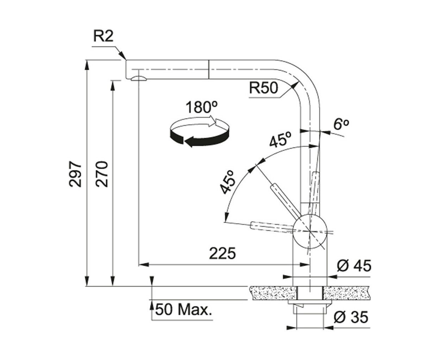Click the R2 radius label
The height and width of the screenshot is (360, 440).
coord(103,36)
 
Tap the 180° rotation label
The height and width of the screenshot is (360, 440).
coord(201,107)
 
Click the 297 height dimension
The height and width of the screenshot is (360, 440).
coord(75,174)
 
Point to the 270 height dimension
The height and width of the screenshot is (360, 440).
coord(102,174)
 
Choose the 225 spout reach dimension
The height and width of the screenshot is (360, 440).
coord(222,253)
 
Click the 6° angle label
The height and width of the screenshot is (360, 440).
coord(341,124)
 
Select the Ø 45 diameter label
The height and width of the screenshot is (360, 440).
coord(354,266)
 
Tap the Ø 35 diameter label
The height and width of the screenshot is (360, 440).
coord(351,317)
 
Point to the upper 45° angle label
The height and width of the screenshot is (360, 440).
coord(280,139)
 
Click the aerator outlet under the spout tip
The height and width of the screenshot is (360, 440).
coord(138,78)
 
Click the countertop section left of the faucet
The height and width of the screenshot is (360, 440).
coord(273,293)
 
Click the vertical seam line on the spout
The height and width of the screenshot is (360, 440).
coord(208,70)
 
